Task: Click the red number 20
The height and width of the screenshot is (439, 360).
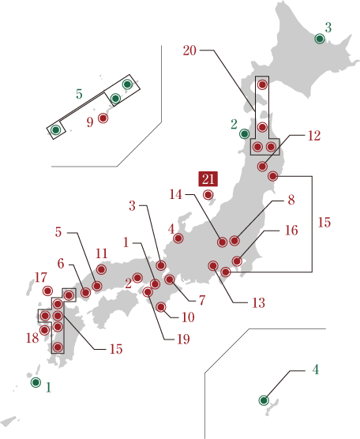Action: click(x=189, y=51)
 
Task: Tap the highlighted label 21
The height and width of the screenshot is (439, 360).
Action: click(x=208, y=179)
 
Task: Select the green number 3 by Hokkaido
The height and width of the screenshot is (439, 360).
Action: click(x=328, y=28)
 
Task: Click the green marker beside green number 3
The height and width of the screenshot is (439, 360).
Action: click(x=320, y=38)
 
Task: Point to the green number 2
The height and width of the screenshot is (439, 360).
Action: click(x=234, y=124)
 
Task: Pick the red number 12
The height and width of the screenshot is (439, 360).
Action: click(x=313, y=136)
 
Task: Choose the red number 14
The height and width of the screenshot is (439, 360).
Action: click(x=175, y=194)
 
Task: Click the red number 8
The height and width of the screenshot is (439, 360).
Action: click(x=291, y=201)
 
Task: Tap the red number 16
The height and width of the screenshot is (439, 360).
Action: click(x=291, y=231)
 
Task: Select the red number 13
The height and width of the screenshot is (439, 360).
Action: click(x=258, y=302)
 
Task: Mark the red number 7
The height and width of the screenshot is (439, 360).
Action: click(x=202, y=301)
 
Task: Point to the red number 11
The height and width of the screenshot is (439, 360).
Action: click(x=101, y=253)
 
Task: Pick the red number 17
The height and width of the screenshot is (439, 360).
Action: click(x=41, y=278)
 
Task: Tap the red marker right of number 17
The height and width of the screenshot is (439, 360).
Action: click(x=47, y=291)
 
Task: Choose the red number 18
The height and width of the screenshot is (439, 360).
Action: click(x=32, y=338)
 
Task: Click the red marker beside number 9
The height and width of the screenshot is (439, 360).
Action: click(x=103, y=118)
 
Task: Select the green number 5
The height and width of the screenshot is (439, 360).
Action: click(x=79, y=95)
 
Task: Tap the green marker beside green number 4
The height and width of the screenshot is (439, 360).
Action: click(x=264, y=400)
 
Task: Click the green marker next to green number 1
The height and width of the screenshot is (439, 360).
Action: click(x=36, y=382)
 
